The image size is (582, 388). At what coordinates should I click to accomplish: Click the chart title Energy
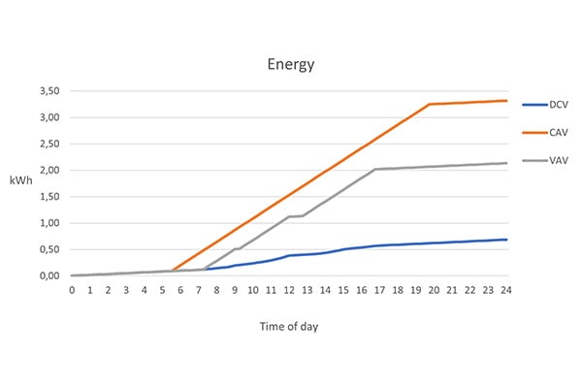coord(291,65)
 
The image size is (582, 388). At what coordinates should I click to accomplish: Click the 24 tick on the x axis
coord(506,290)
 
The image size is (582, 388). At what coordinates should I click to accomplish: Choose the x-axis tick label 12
coord(289,290)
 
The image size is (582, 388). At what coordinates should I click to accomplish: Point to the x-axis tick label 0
coord(72,290)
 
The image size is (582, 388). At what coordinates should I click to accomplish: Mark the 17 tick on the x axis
coord(379,290)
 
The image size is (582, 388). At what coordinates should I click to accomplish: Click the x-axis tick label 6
coord(180,290)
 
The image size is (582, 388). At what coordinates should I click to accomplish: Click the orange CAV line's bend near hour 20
coord(430,104)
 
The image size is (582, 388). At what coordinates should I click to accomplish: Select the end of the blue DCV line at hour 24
coord(506,240)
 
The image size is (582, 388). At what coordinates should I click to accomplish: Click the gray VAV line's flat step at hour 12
coord(296,216)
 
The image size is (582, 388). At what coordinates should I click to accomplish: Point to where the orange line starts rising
coord(171,271)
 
